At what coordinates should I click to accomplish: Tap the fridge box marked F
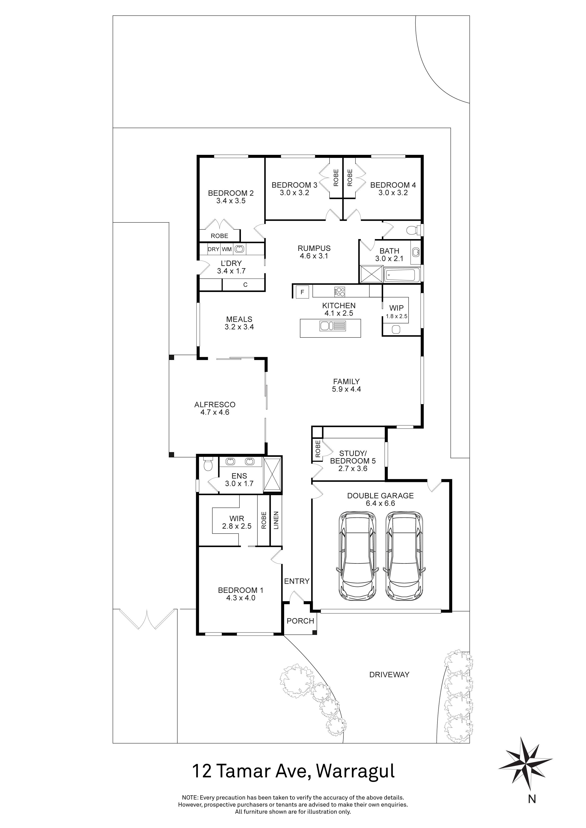click(x=302, y=292)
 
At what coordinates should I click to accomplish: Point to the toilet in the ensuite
click(x=208, y=465)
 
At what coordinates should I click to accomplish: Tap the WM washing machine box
click(x=227, y=249)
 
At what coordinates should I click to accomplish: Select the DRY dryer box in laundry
click(x=214, y=249)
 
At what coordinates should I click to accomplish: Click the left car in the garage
click(x=357, y=556)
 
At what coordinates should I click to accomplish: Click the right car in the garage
click(x=403, y=556)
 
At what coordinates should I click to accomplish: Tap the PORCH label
click(x=300, y=621)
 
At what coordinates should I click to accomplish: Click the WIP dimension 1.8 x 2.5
click(x=396, y=316)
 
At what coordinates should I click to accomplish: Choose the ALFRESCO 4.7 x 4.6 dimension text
click(x=215, y=412)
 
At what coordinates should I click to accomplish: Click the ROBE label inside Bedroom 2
click(x=219, y=236)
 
